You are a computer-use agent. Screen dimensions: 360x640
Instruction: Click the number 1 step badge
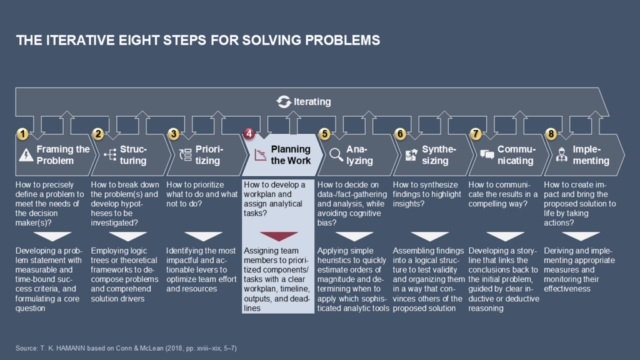point(22,134)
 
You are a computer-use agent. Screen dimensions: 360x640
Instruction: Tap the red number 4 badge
point(249,134)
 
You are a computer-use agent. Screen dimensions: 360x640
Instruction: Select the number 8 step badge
point(551,134)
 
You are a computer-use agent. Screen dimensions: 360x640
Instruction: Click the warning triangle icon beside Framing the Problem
point(26,155)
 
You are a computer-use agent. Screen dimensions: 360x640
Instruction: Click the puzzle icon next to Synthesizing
point(411,155)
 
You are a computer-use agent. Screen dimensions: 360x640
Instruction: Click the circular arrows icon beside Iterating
point(284,101)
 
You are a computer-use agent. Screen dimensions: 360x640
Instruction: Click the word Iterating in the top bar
point(312,101)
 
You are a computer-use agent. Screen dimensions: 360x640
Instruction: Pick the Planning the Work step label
point(291,155)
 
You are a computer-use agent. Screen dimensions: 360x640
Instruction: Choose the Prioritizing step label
point(208,155)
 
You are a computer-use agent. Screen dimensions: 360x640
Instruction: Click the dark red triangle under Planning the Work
point(279,236)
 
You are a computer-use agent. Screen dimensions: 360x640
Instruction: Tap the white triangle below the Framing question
point(52,236)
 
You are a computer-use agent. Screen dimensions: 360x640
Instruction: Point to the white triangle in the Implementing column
point(581,236)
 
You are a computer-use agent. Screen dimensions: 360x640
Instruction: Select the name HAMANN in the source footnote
point(72,347)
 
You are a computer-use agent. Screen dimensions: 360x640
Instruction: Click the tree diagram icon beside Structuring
point(110,155)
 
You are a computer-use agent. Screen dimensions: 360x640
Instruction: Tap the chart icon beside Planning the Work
point(259,155)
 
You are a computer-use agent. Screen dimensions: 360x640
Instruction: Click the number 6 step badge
point(400,134)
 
